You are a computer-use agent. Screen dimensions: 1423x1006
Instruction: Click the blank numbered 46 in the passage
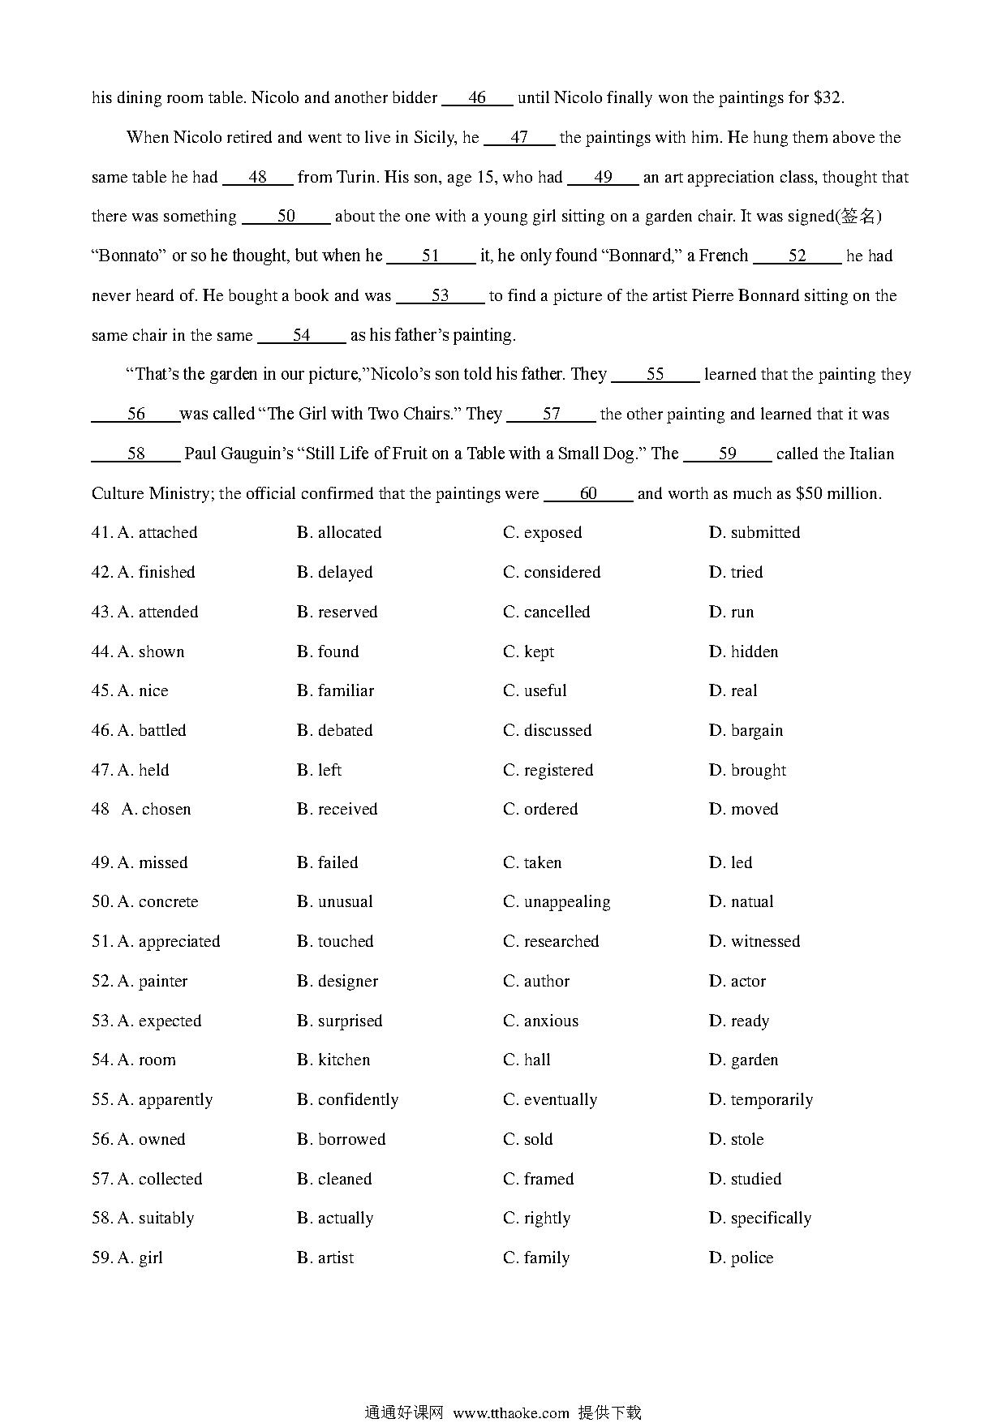click(x=476, y=98)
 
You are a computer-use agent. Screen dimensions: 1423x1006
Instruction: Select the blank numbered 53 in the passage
click(x=440, y=296)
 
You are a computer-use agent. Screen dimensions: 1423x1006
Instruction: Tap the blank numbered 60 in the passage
click(x=588, y=494)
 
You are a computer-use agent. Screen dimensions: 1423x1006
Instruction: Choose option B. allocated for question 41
click(x=339, y=533)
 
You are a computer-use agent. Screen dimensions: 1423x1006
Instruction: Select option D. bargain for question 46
click(x=746, y=731)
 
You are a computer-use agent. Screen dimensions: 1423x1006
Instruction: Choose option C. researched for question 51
click(x=551, y=942)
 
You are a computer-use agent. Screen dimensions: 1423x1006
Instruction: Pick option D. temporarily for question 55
click(x=760, y=1100)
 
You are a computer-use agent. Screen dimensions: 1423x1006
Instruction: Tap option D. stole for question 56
click(x=736, y=1140)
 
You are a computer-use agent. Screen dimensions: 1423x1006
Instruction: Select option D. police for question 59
click(x=741, y=1258)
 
